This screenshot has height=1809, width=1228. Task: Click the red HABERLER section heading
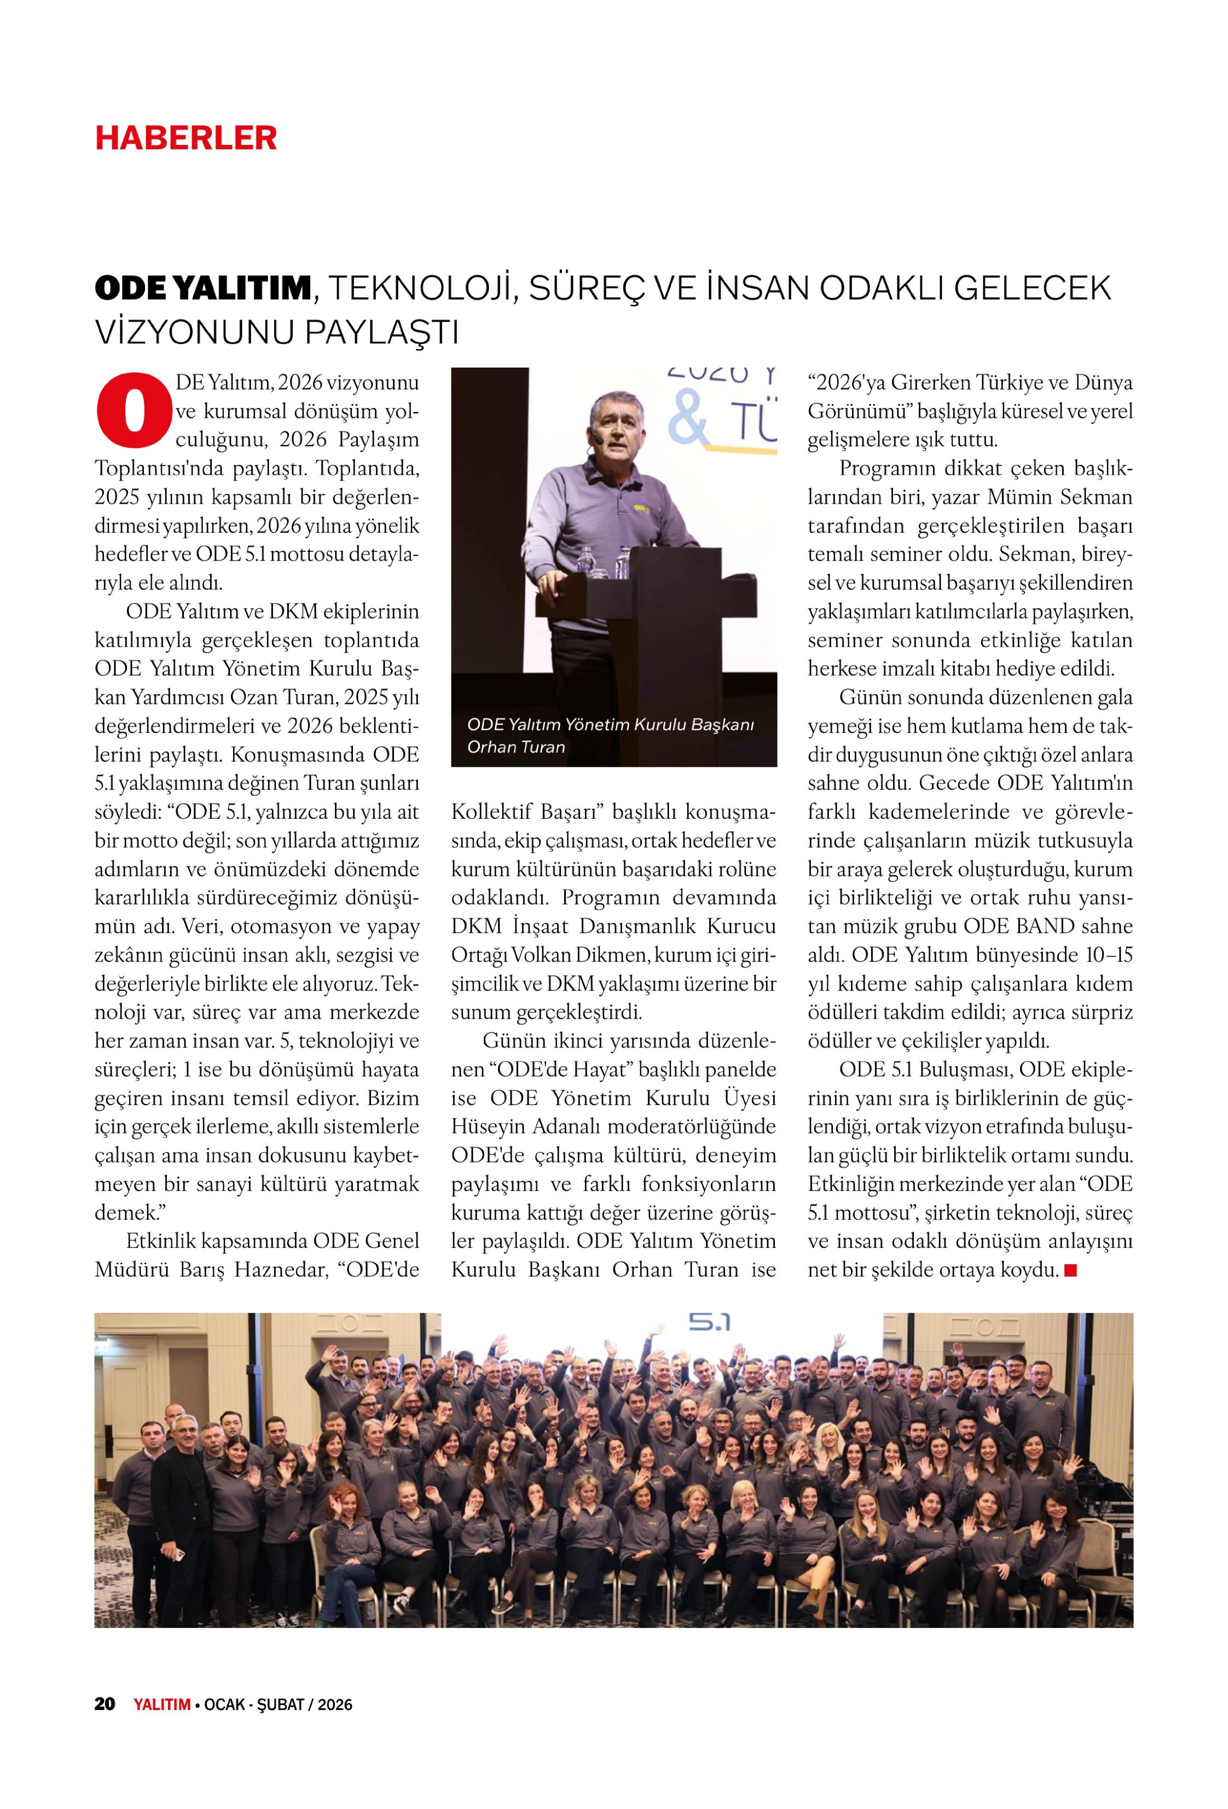(186, 138)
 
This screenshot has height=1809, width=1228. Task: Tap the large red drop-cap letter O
(133, 410)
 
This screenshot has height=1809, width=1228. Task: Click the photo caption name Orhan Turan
(515, 747)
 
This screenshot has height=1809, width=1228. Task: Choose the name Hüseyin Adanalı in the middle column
(536, 1126)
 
